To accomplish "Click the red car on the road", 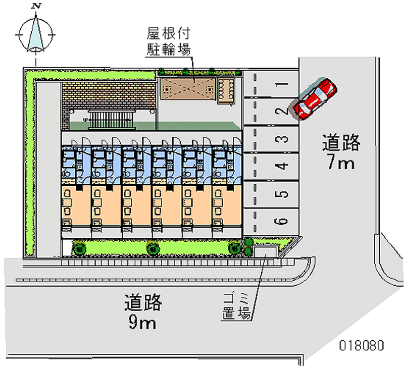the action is tap(315, 99).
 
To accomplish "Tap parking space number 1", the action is tap(273, 84).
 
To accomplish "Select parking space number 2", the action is tap(273, 112).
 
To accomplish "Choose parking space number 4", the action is tap(273, 166).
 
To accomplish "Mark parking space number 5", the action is tap(273, 194).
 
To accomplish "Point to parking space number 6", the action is tap(273, 221).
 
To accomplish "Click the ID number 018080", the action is tap(361, 347).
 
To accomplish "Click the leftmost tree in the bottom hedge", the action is tap(78, 247).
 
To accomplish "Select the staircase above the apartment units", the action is tap(111, 121).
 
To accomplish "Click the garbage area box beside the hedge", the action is tap(266, 250).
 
